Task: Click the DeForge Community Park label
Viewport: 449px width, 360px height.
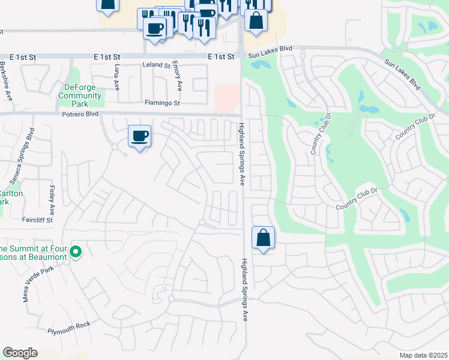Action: pyautogui.click(x=82, y=96)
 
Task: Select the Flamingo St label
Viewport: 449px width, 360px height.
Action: pyautogui.click(x=161, y=103)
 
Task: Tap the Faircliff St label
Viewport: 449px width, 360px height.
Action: pyautogui.click(x=38, y=220)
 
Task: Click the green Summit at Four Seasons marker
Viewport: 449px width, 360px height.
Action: pyautogui.click(x=76, y=251)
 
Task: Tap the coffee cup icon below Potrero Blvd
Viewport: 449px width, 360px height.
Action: pyautogui.click(x=139, y=136)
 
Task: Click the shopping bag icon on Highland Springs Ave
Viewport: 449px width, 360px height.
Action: pyautogui.click(x=263, y=238)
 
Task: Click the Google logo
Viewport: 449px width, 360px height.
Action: pyautogui.click(x=20, y=353)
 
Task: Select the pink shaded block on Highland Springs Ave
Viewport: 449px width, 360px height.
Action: pyautogui.click(x=227, y=98)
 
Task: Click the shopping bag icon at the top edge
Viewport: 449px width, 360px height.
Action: pyautogui.click(x=256, y=20)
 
